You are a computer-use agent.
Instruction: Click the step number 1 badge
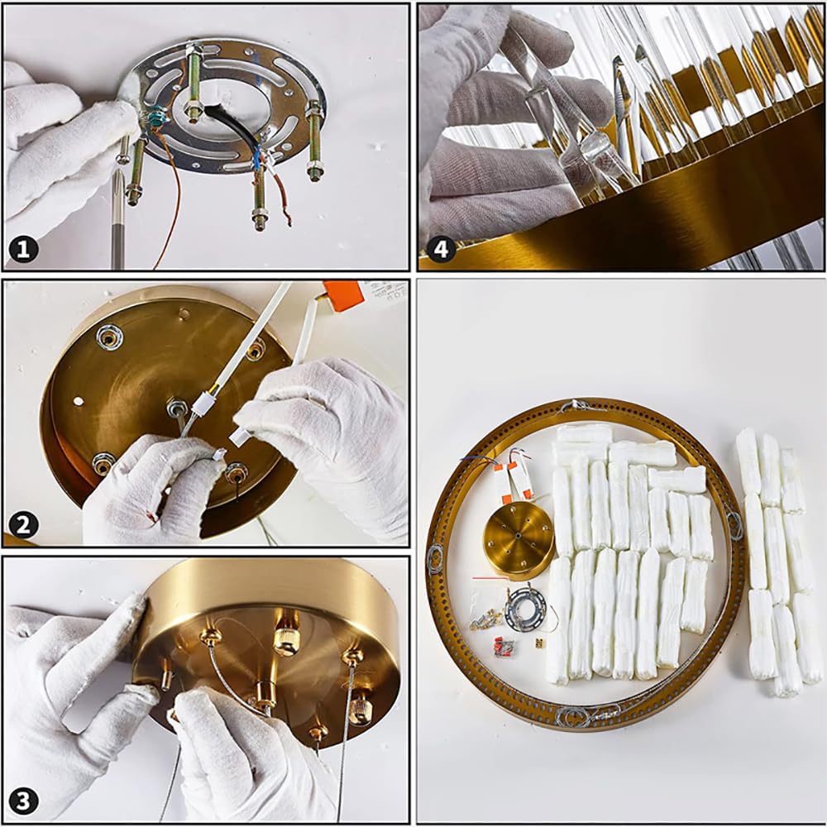coord(23,249)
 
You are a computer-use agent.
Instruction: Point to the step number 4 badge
coord(441,248)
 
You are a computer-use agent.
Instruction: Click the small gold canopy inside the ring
coord(519,538)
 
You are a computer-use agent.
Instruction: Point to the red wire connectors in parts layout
coord(504,648)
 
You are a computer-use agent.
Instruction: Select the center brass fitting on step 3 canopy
coord(265,696)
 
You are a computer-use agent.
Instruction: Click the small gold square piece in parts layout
coord(540,643)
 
